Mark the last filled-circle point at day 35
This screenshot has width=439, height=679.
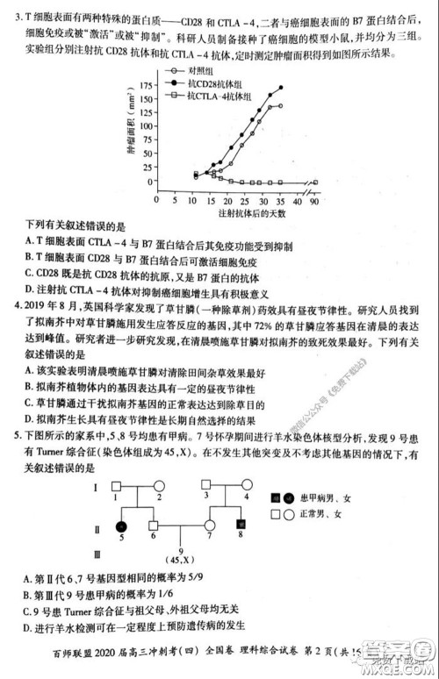(281, 88)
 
